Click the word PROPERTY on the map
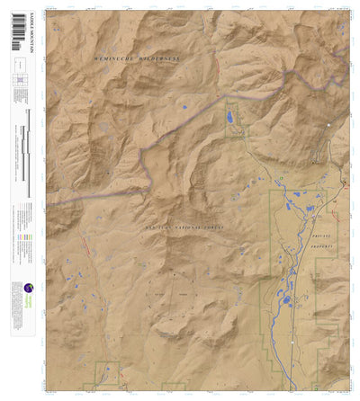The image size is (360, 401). [x=321, y=245]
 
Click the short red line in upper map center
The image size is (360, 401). [x=217, y=68]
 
